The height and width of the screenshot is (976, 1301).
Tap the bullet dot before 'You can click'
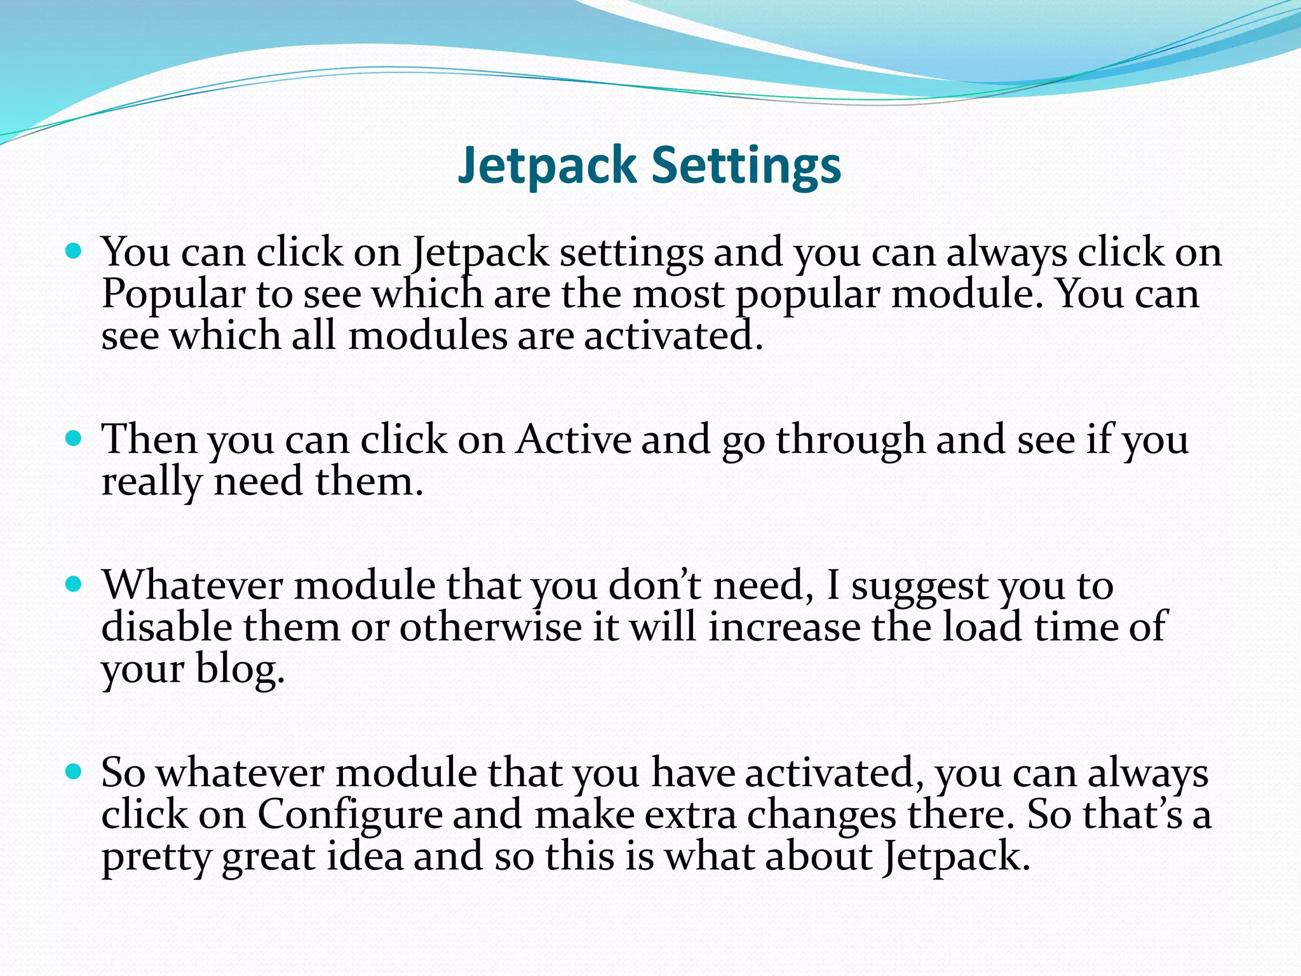pyautogui.click(x=74, y=252)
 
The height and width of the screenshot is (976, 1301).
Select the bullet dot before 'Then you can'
pyautogui.click(x=74, y=439)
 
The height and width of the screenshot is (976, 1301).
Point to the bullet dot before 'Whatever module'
pyautogui.click(x=74, y=585)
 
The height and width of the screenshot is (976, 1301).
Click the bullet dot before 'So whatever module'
pyautogui.click(x=74, y=772)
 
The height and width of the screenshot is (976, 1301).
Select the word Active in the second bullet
pyautogui.click(x=573, y=439)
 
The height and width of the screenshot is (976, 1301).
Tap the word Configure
pyautogui.click(x=349, y=815)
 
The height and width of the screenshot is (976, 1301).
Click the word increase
pyautogui.click(x=784, y=627)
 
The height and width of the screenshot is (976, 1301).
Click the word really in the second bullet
pyautogui.click(x=151, y=482)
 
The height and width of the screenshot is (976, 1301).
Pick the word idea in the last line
pyautogui.click(x=365, y=857)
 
